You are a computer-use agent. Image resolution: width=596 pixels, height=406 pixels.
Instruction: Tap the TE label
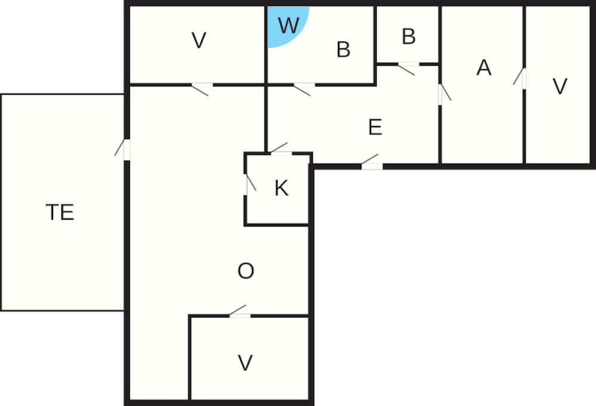coord(60,212)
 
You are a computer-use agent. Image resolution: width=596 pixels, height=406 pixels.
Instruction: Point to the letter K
coord(281,187)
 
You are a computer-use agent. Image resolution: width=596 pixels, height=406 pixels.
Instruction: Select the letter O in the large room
coord(246,271)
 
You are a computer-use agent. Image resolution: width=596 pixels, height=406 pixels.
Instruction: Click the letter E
coord(375,127)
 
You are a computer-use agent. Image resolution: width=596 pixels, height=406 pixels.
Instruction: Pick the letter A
coord(484,67)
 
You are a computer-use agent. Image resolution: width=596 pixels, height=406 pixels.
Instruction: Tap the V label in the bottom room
coord(245,362)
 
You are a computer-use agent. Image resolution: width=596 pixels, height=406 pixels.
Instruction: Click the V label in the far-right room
coord(560,86)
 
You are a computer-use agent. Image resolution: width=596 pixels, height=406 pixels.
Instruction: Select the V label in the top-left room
coord(199,40)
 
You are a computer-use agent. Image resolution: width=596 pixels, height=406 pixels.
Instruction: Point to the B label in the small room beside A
coord(409,36)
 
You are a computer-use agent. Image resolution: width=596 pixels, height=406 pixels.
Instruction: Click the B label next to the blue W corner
coord(343,50)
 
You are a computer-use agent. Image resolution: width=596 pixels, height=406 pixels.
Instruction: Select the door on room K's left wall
coord(250,184)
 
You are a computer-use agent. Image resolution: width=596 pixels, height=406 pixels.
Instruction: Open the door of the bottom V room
coord(239,312)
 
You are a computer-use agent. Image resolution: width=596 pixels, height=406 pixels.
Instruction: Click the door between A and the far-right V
coord(520,78)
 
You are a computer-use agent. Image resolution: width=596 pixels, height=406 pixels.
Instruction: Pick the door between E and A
coord(444,94)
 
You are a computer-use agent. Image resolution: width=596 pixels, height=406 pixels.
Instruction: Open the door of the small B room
coord(408,69)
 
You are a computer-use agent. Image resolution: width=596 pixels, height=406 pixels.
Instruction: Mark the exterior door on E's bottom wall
coord(371,162)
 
